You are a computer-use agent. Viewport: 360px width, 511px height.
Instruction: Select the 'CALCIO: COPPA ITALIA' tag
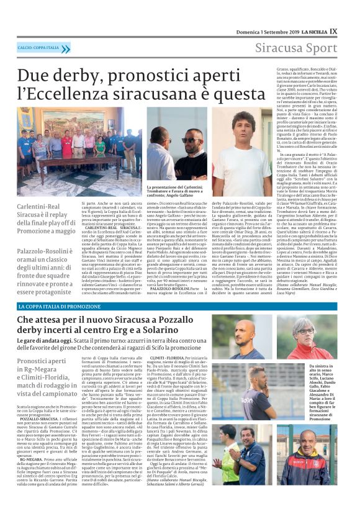pos(38,48)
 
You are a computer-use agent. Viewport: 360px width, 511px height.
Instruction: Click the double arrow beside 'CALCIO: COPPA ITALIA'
pos(65,48)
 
